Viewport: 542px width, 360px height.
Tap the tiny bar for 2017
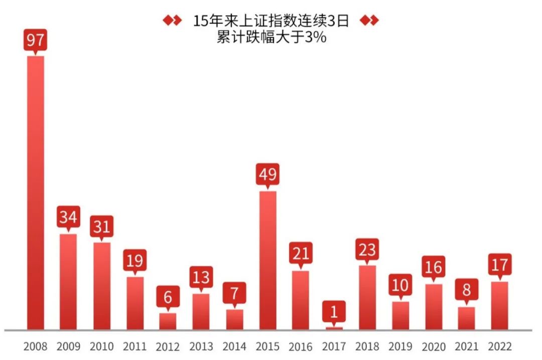(334, 328)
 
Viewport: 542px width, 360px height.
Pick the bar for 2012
(168, 321)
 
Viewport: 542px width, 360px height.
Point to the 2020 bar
(434, 307)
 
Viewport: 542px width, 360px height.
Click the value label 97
(35, 40)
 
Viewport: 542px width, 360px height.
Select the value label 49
(267, 174)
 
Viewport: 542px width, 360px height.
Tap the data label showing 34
(68, 217)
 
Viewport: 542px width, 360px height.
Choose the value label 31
(102, 226)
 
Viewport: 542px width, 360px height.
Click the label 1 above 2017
(334, 312)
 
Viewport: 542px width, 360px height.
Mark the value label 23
(367, 249)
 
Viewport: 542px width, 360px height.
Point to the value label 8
(467, 290)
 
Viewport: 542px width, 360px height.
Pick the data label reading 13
(201, 277)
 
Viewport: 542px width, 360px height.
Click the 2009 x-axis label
(68, 346)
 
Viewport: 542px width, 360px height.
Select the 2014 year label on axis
(234, 346)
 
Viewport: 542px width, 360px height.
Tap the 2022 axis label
(500, 346)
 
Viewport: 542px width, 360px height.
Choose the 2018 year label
(367, 346)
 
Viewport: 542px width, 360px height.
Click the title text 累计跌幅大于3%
(271, 37)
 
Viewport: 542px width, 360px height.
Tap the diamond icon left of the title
(172, 21)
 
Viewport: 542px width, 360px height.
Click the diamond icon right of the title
(370, 21)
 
